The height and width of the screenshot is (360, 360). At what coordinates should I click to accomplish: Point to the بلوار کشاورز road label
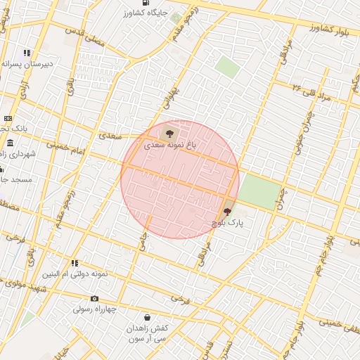click(330, 29)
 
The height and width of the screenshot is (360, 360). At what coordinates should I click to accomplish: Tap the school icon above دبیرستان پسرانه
click(27, 53)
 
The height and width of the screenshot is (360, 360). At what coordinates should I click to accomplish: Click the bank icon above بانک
click(8, 118)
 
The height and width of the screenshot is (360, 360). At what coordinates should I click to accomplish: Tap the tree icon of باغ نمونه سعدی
click(168, 133)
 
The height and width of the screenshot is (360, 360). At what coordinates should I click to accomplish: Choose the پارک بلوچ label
click(229, 222)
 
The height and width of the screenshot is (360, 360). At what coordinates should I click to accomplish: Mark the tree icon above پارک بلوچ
click(227, 211)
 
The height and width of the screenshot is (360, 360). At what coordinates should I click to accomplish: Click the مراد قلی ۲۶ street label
click(314, 91)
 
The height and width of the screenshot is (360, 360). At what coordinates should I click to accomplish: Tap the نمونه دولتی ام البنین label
click(75, 274)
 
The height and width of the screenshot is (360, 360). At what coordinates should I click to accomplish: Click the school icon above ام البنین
click(74, 263)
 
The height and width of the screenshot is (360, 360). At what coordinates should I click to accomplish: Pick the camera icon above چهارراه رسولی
click(95, 299)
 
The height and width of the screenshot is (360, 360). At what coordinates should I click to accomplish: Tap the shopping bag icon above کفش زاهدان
click(147, 318)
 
